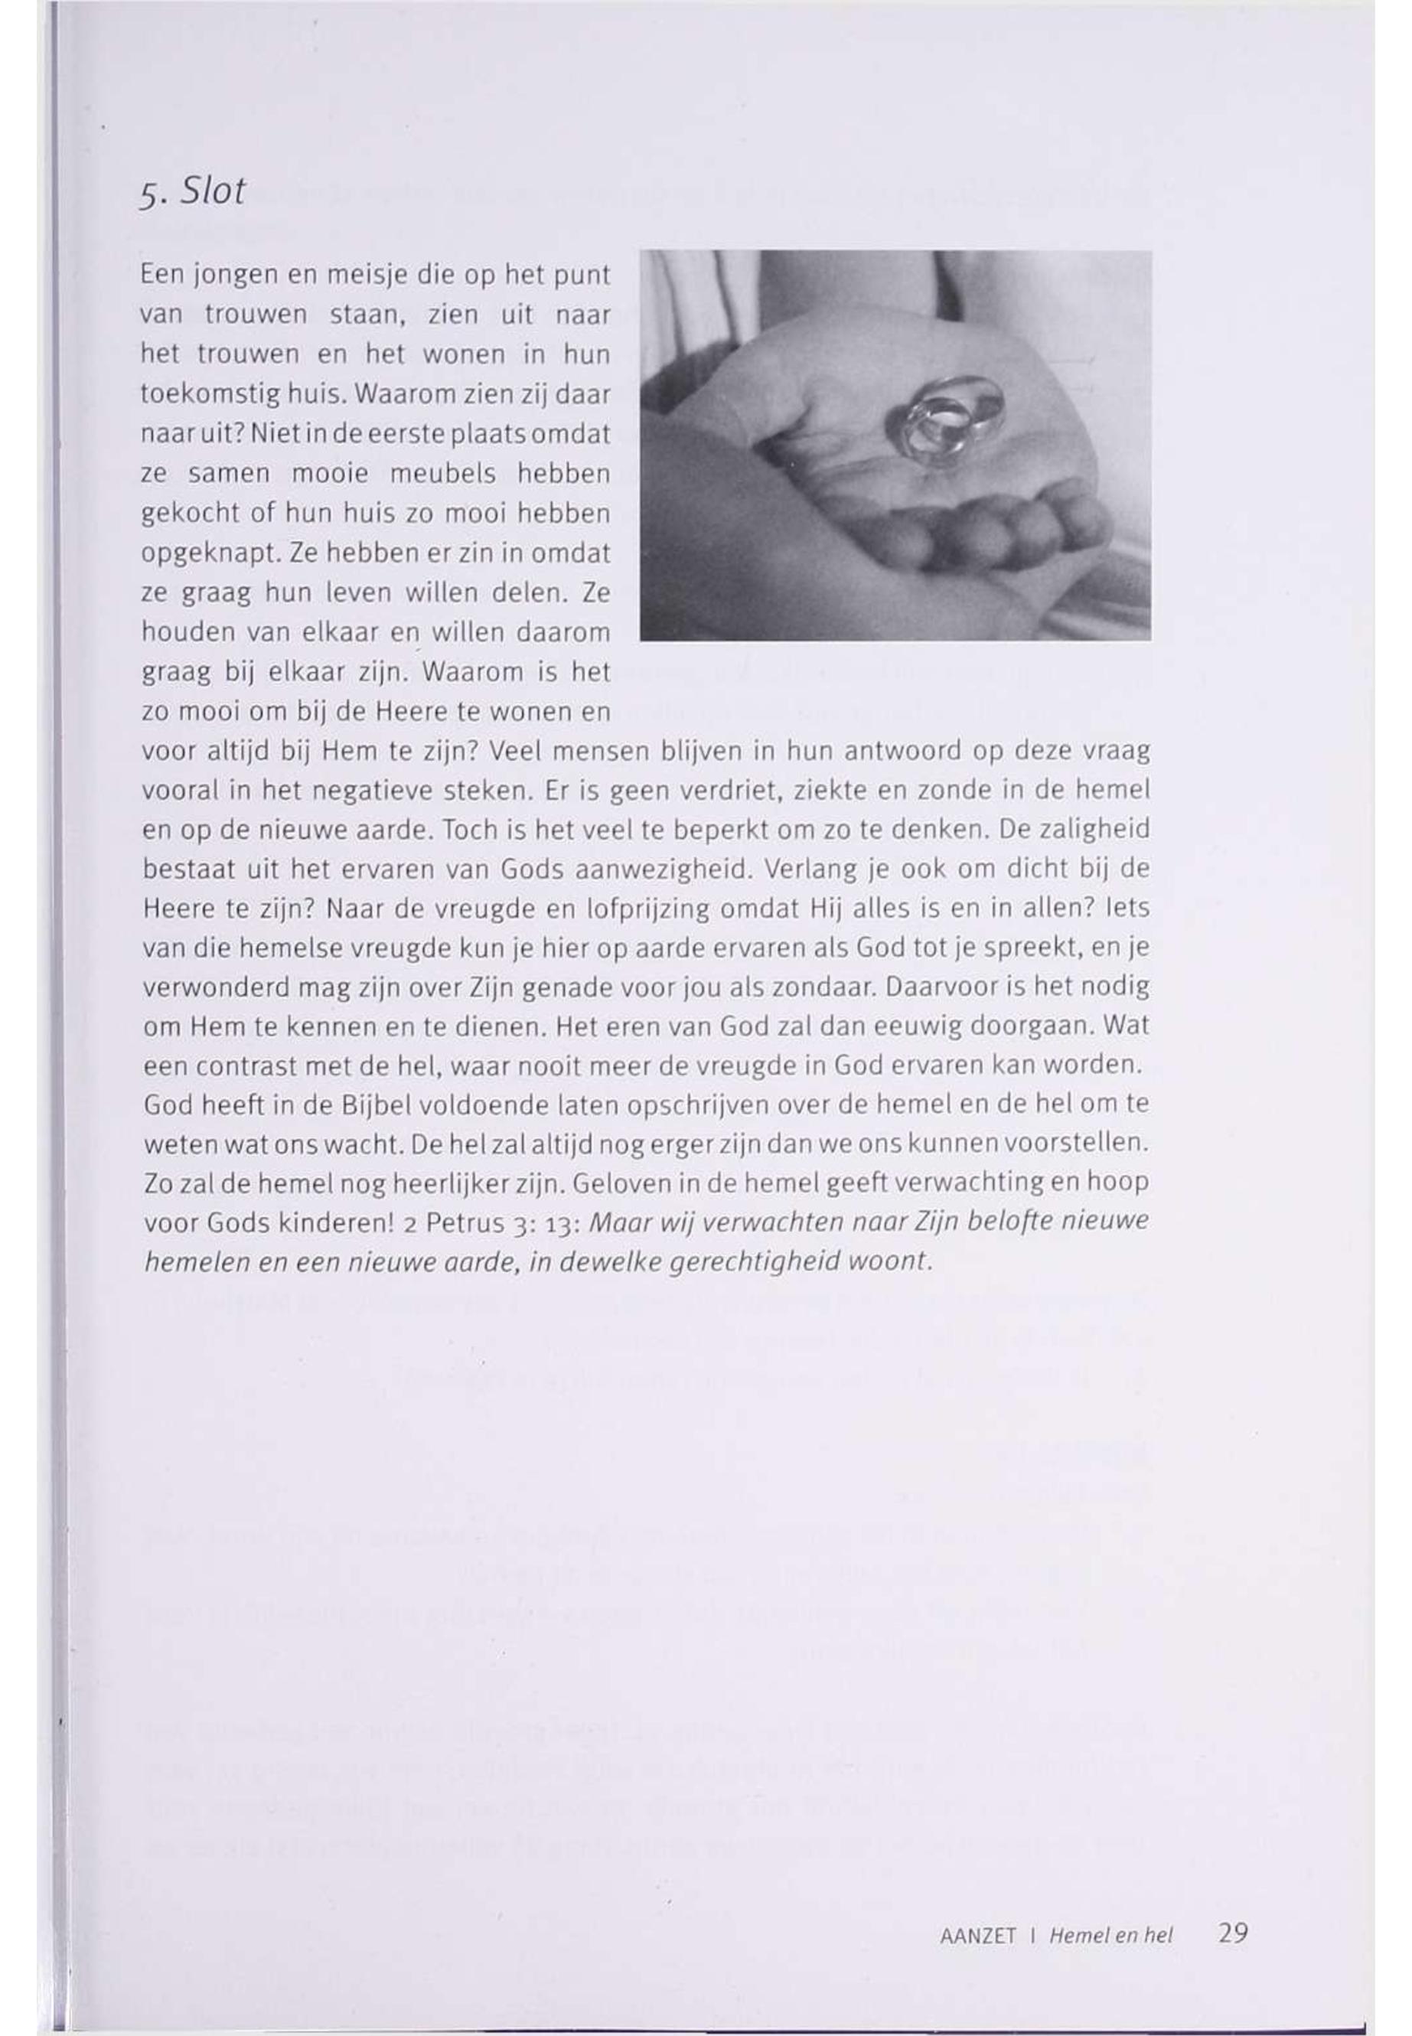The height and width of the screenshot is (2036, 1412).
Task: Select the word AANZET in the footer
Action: click(x=977, y=1936)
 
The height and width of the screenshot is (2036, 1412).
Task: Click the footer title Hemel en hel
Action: click(x=1110, y=1936)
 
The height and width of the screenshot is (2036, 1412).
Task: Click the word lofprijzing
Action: click(x=647, y=909)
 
